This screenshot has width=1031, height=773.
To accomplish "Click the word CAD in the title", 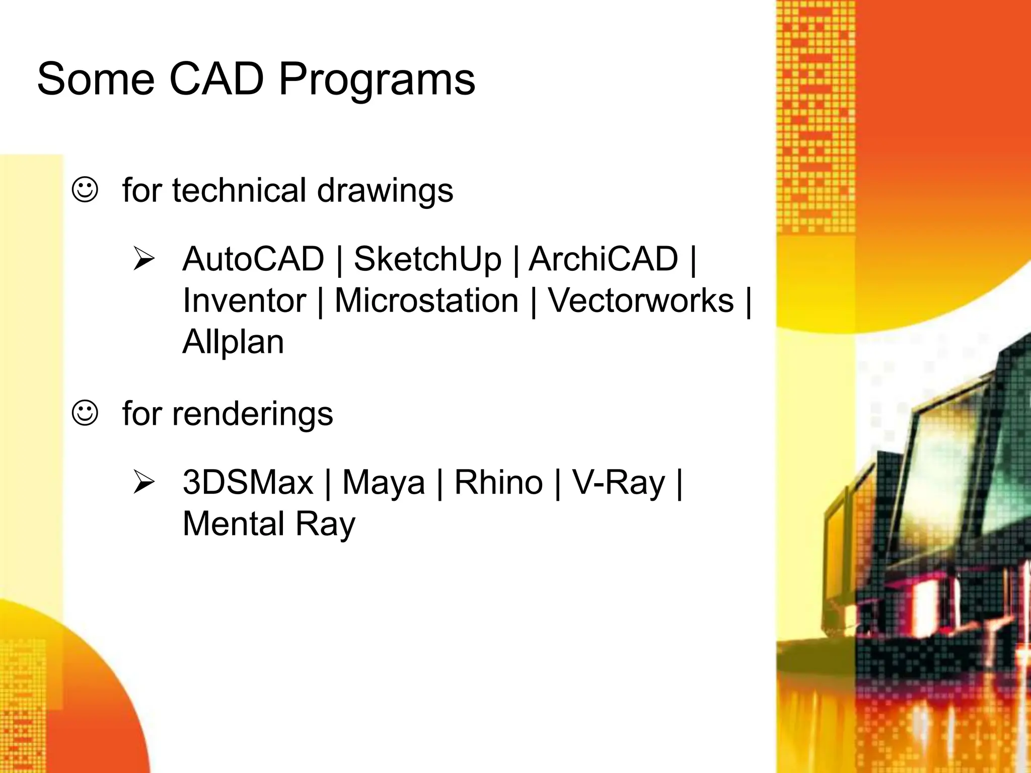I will point(216,79).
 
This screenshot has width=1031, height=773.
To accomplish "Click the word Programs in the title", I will point(377,81).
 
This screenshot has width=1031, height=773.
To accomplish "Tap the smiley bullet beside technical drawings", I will point(85,190).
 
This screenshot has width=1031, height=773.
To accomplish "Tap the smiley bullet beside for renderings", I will point(85,413).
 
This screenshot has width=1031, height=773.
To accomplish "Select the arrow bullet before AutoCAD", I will point(144,259).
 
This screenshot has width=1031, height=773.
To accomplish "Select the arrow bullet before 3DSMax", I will point(144,482).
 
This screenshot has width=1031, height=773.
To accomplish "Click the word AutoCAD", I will point(253,259).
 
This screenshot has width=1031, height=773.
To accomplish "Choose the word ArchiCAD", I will point(604,259).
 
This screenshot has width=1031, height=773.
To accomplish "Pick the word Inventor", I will point(244,301).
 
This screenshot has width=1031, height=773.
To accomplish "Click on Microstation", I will point(426,301).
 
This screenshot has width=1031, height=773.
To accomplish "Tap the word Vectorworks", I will point(641,301).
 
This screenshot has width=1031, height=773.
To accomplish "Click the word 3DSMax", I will point(248,482).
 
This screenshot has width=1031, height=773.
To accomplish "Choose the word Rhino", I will point(498,482).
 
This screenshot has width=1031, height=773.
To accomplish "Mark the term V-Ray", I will point(618,483).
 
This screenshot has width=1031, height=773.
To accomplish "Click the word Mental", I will point(234,524).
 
